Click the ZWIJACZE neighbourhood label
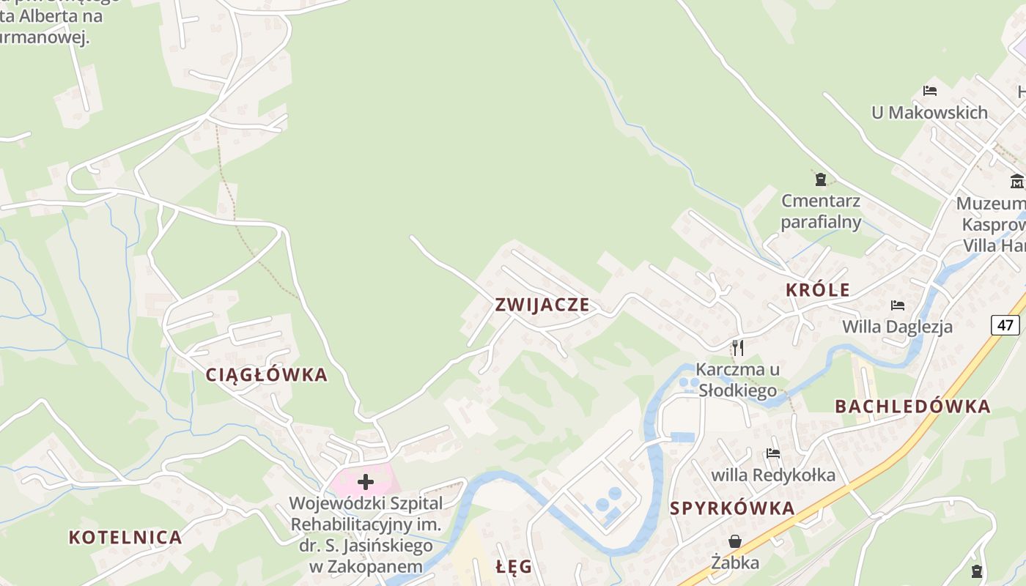click(542, 305)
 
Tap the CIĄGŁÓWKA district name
click(266, 375)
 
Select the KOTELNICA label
click(125, 538)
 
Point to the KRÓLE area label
click(818, 290)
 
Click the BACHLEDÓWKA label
click(912, 407)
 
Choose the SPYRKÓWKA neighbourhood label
click(732, 508)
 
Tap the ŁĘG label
click(513, 567)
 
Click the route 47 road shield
click(1005, 324)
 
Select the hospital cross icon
click(366, 482)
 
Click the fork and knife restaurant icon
click(738, 347)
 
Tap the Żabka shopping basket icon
click(735, 541)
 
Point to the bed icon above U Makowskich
click(930, 91)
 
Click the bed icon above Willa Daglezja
click(898, 305)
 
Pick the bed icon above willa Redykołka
click(773, 453)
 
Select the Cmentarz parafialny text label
click(821, 211)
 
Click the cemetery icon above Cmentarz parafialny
click(821, 179)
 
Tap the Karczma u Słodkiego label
click(738, 379)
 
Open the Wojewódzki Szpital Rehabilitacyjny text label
click(366, 535)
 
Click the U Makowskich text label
click(929, 113)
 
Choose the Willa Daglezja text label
click(898, 327)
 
